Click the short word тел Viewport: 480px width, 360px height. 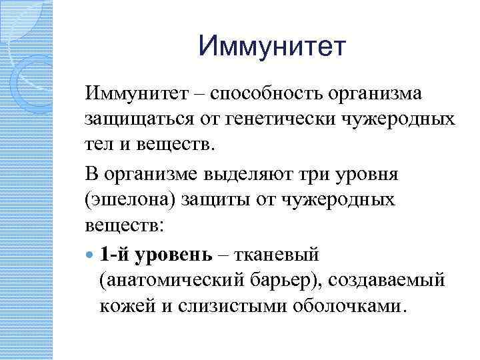click(100, 144)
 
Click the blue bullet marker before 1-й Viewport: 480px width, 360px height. click(91, 255)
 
